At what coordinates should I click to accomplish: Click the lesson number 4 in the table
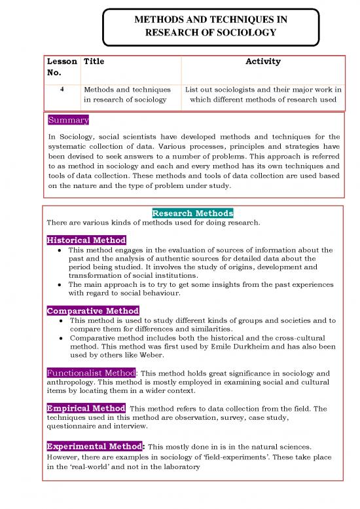click(62, 89)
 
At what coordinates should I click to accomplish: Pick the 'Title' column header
click(94, 62)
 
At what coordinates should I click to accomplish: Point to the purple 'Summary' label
click(68, 121)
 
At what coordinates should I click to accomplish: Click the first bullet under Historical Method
click(60, 250)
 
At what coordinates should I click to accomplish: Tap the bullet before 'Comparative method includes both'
click(60, 339)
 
